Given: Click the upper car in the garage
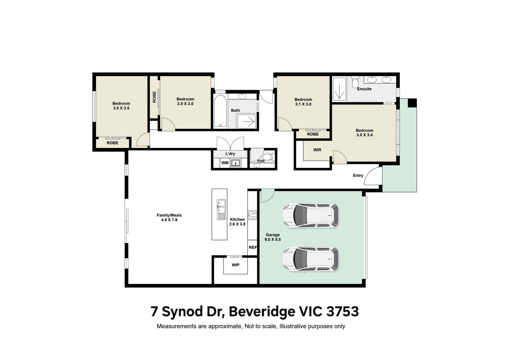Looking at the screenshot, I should (x=310, y=216).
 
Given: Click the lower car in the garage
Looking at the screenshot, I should (x=310, y=259).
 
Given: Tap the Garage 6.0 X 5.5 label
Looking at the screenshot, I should (x=273, y=237).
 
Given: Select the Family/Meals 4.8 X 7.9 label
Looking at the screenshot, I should (x=169, y=217).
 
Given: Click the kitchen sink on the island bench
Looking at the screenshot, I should (x=221, y=210).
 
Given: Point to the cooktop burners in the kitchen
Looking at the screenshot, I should (x=252, y=215).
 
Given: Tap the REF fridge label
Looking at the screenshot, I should (x=253, y=247).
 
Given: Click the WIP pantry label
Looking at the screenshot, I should (x=235, y=265).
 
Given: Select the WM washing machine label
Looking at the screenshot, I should (x=225, y=163).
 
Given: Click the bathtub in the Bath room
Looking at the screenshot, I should (x=220, y=111).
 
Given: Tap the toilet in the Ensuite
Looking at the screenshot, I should (x=355, y=82).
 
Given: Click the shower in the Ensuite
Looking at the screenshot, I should (x=339, y=89).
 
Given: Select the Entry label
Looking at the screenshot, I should (x=358, y=175).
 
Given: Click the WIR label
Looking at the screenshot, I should (x=317, y=150).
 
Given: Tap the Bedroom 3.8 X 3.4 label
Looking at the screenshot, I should (x=364, y=133).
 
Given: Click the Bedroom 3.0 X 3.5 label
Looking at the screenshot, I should (x=121, y=106).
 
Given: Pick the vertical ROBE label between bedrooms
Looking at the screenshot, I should (x=154, y=97).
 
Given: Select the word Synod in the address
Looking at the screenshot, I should (x=182, y=312).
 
